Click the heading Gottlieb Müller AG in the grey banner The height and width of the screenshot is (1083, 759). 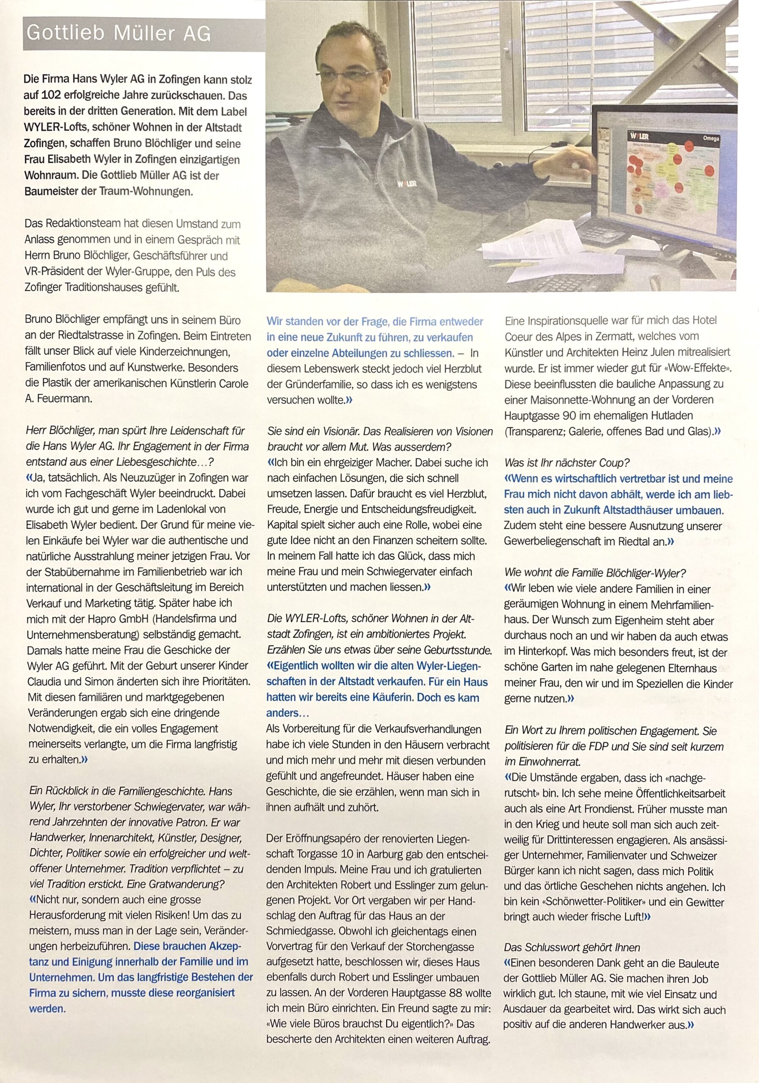click(118, 33)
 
